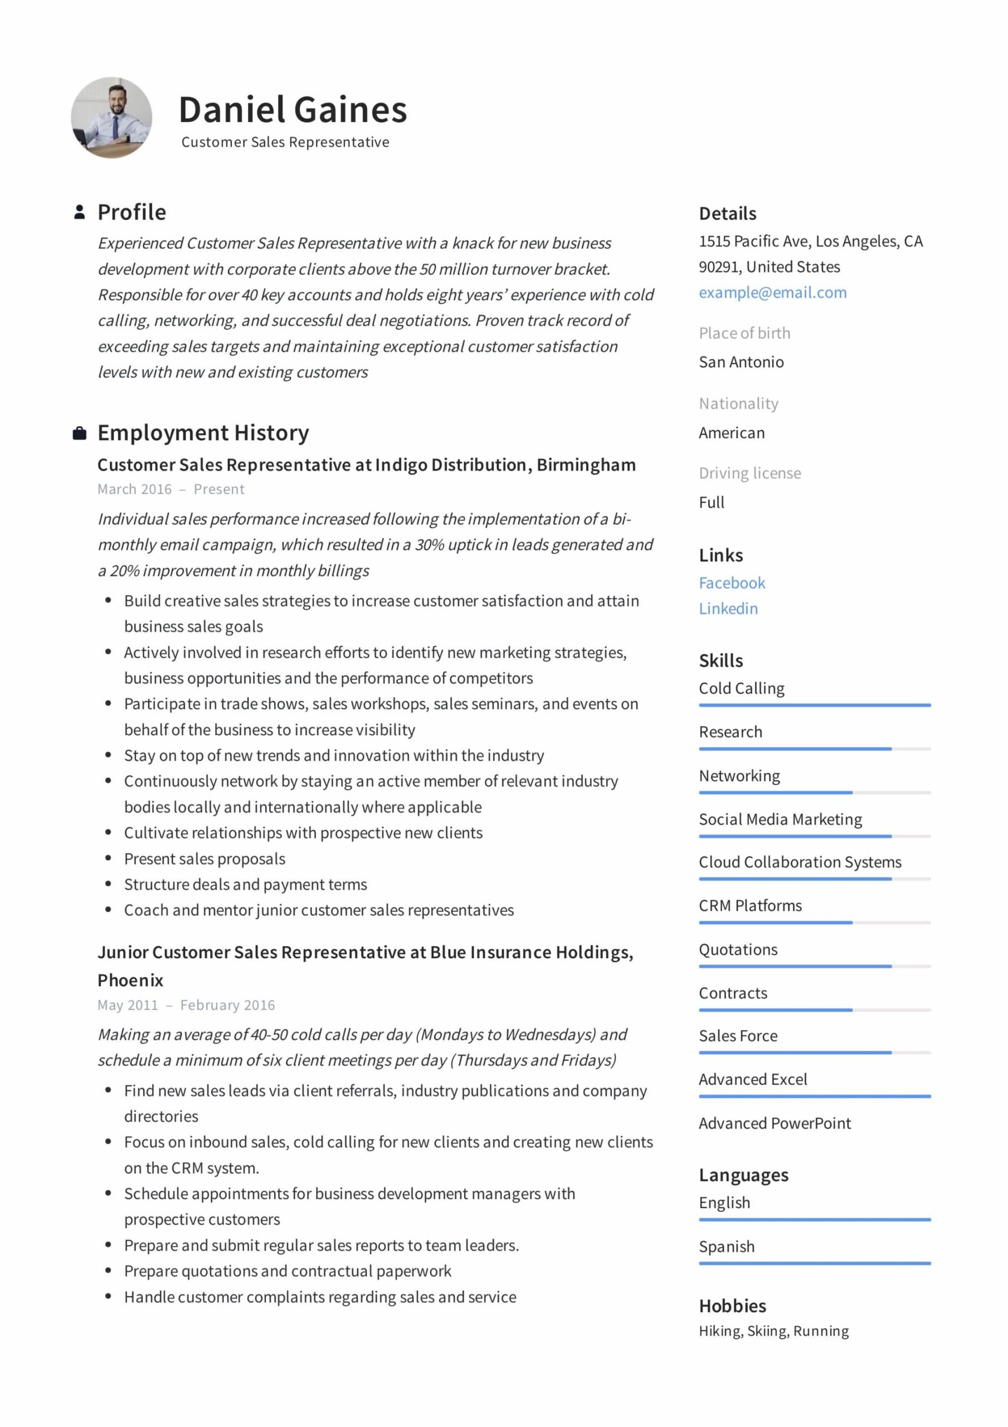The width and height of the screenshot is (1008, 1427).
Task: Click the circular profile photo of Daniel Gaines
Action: coord(111,118)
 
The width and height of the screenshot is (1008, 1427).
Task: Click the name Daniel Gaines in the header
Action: coord(292,110)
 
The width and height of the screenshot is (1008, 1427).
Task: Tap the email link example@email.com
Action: coord(772,293)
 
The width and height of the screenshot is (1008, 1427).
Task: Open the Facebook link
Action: coord(732,583)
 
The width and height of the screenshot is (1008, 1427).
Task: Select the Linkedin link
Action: coord(728,609)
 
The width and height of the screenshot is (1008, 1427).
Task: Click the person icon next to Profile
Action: coord(80,212)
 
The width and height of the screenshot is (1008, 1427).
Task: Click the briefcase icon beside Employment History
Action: coord(80,433)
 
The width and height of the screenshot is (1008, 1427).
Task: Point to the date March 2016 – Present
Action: coord(171,489)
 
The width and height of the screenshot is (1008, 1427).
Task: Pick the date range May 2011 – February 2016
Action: coord(186,1005)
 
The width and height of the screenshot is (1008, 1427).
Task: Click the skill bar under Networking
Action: coord(814,793)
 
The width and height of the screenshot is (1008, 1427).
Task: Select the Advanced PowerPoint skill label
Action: coord(775,1123)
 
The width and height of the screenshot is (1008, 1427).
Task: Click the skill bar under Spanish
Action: coord(814,1263)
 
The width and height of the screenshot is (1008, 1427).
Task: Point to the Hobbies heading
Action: coord(732,1306)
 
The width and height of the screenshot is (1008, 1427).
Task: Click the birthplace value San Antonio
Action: coord(741,362)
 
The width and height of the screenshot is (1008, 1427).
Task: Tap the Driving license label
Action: coord(749,473)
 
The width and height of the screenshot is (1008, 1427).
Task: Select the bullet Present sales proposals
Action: coord(204,859)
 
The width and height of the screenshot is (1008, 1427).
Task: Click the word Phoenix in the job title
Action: coord(130,980)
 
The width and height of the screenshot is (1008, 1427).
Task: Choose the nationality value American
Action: coord(732,433)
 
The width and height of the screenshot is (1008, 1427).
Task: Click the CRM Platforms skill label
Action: coord(749,906)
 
